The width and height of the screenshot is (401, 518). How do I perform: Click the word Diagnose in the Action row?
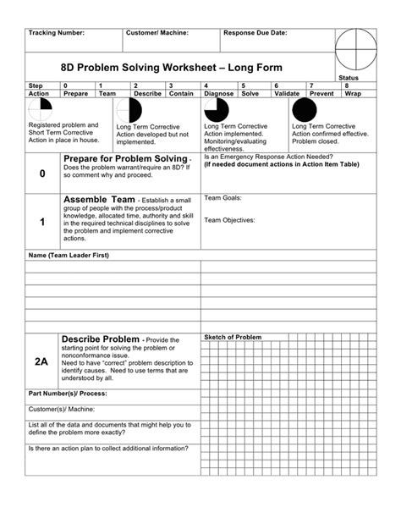[x=220, y=94]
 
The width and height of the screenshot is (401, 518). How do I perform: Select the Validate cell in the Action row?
[x=288, y=94]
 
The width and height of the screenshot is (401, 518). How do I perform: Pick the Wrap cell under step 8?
[x=353, y=94]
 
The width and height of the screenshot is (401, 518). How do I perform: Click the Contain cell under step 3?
[x=182, y=94]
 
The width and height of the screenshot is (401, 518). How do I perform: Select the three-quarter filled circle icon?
[x=217, y=110]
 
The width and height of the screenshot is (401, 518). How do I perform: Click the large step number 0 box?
[x=42, y=174]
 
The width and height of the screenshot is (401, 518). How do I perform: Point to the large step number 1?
[x=42, y=222]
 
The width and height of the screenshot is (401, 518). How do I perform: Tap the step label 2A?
[x=42, y=361]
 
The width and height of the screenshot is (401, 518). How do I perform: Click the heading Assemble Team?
[x=98, y=200]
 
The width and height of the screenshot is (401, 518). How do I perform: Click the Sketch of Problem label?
[x=233, y=337]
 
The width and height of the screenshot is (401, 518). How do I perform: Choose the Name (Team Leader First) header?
[x=69, y=255]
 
